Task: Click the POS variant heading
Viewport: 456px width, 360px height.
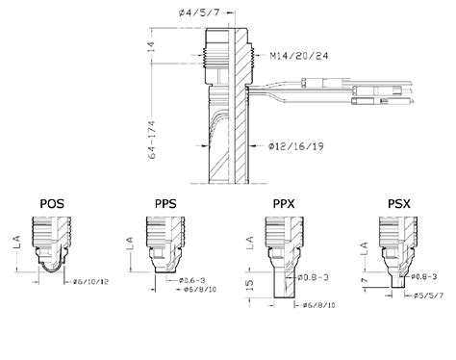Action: tap(54, 203)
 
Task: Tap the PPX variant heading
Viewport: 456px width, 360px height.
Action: tap(284, 203)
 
